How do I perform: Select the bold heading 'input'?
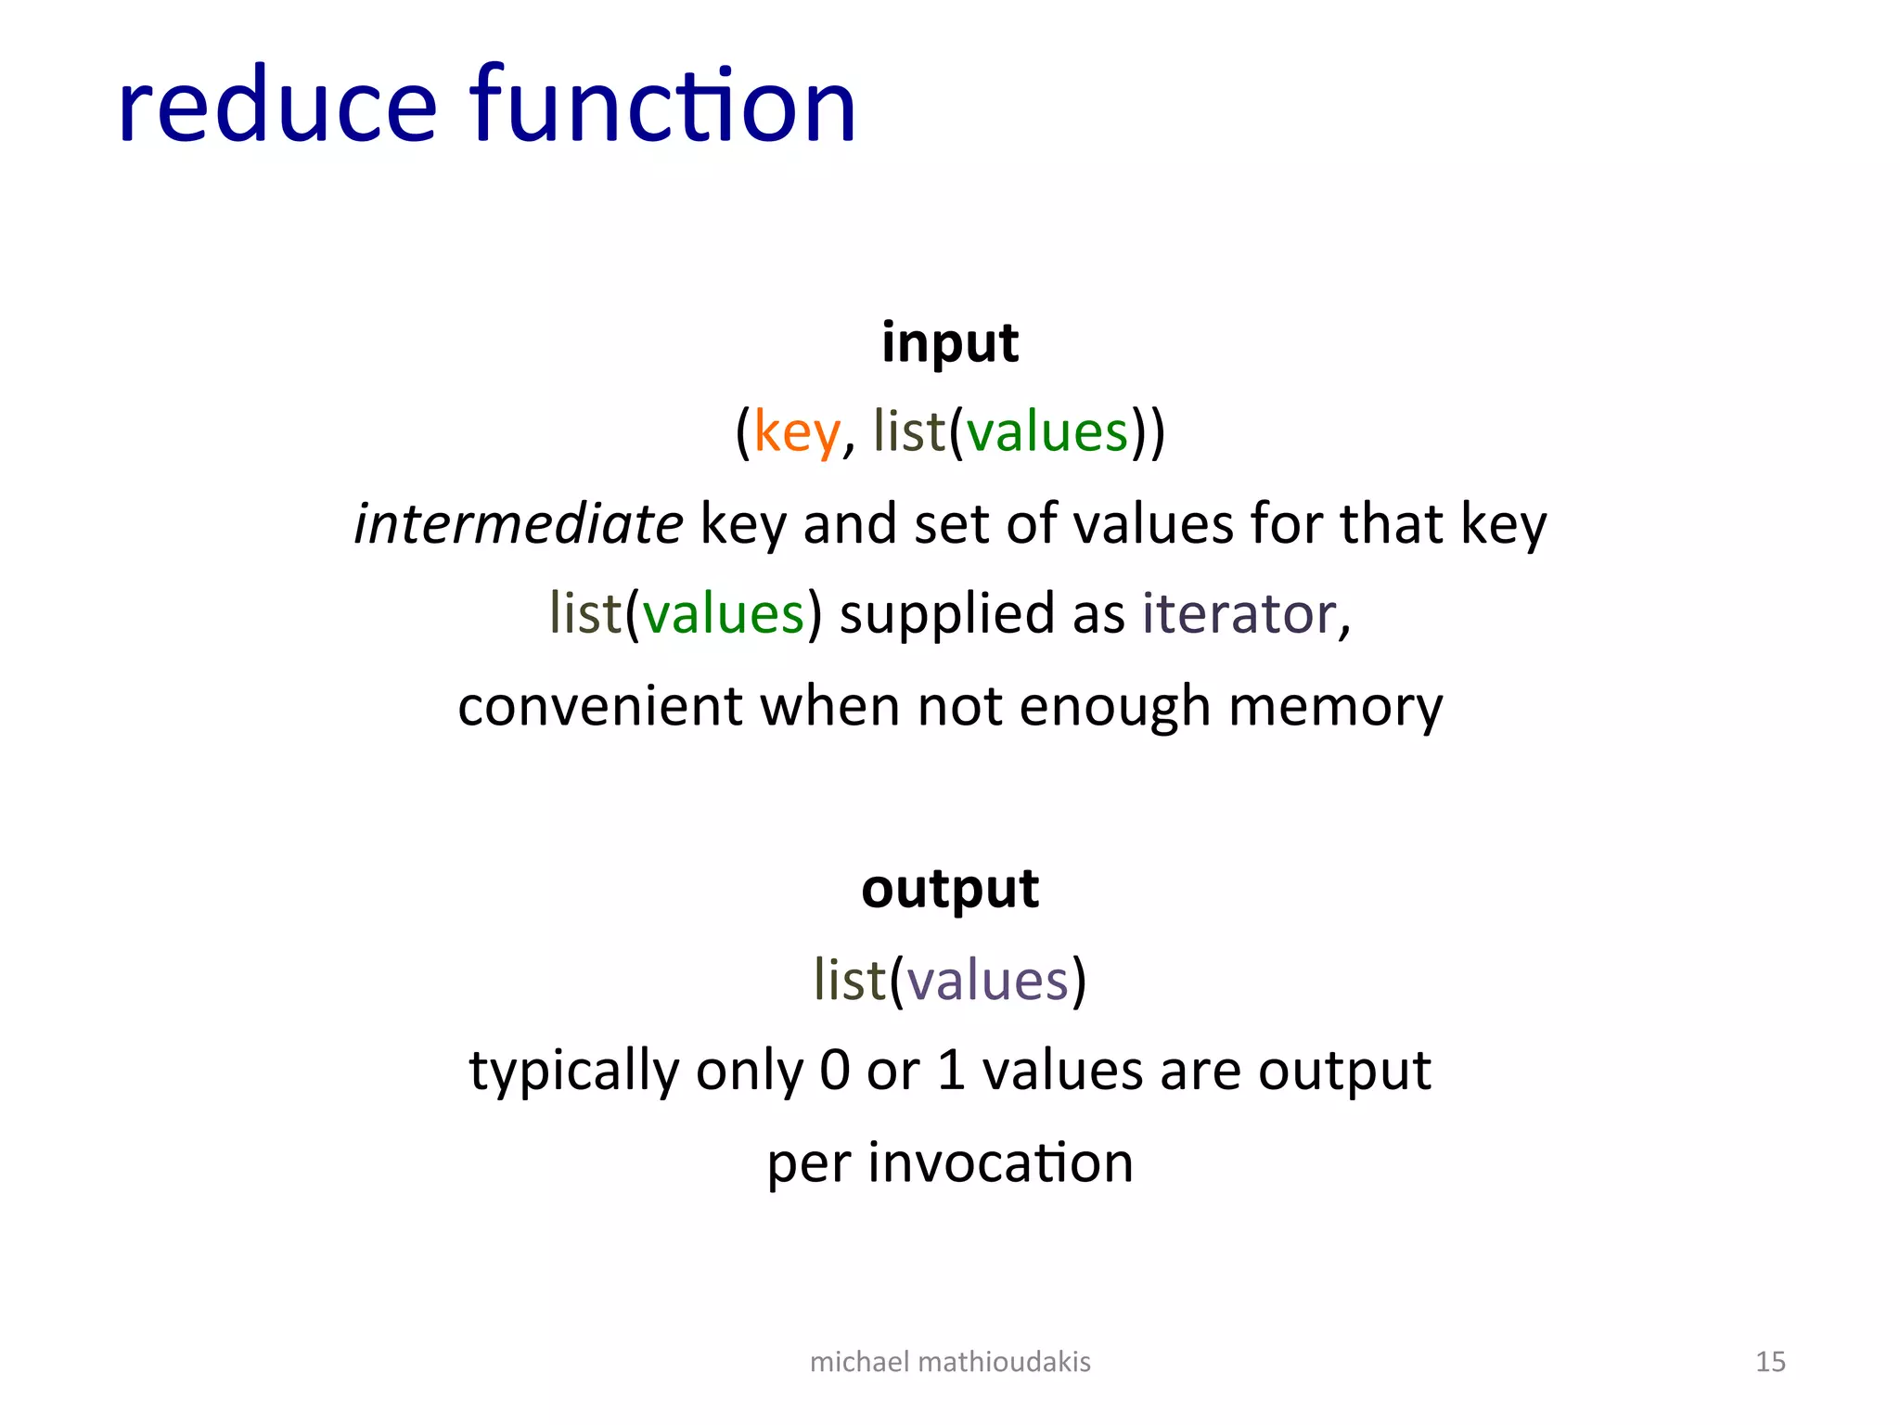[x=949, y=341]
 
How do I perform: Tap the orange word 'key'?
[x=796, y=432]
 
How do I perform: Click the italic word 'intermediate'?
[x=519, y=523]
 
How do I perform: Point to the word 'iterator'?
[x=1239, y=613]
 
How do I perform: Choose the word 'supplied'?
[x=947, y=615]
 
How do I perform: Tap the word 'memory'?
[x=1335, y=707]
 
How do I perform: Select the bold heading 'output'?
[x=949, y=888]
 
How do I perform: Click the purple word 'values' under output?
[x=987, y=980]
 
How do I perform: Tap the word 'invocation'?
[x=1000, y=1162]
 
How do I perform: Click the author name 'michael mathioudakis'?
[x=949, y=1361]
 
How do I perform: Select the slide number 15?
[x=1770, y=1361]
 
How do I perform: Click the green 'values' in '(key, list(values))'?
[x=1046, y=432]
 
